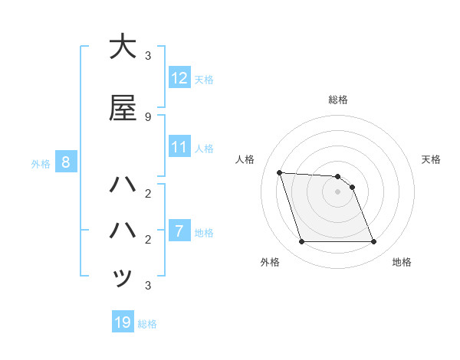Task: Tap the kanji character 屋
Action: point(123,108)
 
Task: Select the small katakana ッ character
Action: point(123,277)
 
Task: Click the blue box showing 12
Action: point(179,78)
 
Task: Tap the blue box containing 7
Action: point(179,231)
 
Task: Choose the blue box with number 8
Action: point(66,162)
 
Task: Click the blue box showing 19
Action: point(123,322)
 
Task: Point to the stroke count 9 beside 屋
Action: point(147,116)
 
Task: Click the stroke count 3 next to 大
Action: point(147,55)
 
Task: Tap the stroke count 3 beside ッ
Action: point(147,286)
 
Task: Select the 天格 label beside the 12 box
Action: point(204,79)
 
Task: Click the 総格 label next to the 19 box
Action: point(147,323)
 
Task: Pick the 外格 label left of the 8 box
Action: point(41,163)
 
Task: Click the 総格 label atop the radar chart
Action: point(338,100)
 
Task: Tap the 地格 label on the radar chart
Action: point(402,262)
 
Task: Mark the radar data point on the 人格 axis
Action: point(279,172)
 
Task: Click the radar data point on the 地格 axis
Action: point(373,242)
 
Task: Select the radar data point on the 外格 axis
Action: point(301,242)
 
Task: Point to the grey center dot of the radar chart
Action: point(337,191)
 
